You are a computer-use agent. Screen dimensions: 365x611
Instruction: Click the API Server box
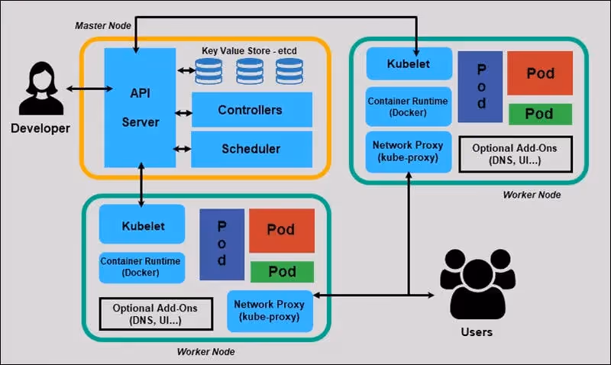pyautogui.click(x=141, y=107)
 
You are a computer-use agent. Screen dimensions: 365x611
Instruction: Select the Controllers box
pyautogui.click(x=251, y=110)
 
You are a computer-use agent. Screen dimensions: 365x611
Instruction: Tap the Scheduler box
pyautogui.click(x=251, y=149)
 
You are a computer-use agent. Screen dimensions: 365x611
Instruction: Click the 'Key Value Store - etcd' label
pyautogui.click(x=248, y=50)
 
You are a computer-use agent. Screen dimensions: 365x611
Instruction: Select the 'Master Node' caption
pyautogui.click(x=103, y=25)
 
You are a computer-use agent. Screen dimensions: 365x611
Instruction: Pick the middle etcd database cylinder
pyautogui.click(x=249, y=72)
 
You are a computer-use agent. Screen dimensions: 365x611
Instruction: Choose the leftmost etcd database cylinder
pyautogui.click(x=209, y=72)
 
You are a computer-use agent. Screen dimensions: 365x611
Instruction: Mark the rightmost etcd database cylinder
pyautogui.click(x=289, y=72)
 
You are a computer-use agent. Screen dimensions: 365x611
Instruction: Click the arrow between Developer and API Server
pyautogui.click(x=84, y=89)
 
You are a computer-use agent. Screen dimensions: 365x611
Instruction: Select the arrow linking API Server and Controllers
pyautogui.click(x=183, y=114)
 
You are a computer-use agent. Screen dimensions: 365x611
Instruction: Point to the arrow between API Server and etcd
pyautogui.click(x=184, y=71)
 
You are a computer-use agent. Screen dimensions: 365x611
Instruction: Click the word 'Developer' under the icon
pyautogui.click(x=40, y=128)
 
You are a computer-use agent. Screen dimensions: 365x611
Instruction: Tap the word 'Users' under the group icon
pyautogui.click(x=477, y=331)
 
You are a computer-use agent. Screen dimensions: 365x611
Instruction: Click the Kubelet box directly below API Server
pyautogui.click(x=142, y=226)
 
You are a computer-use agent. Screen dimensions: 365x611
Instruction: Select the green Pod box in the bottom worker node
pyautogui.click(x=282, y=272)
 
